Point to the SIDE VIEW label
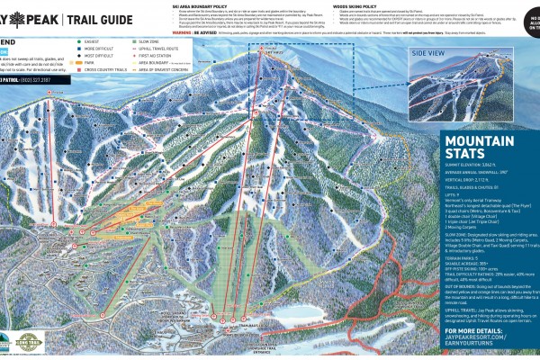(x=429, y=53)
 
